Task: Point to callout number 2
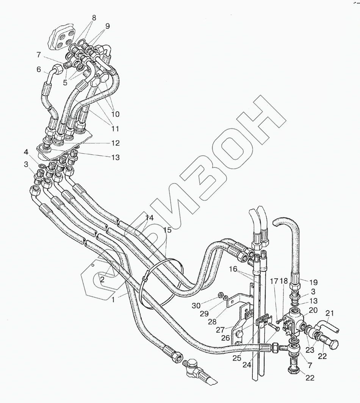[x=102, y=280]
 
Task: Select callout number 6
[x=38, y=69]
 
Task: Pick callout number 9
[x=108, y=26]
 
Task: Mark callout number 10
[x=115, y=114]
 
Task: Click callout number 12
[x=115, y=143]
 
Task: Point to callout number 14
[x=150, y=218]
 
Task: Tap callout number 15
[x=167, y=230]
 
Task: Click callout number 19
[x=313, y=282]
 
